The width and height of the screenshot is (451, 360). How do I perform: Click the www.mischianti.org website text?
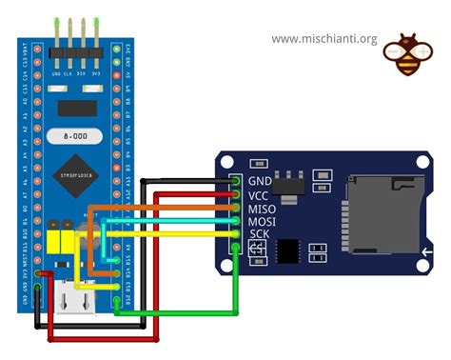(324, 39)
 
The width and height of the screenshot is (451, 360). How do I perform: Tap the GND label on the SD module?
(260, 181)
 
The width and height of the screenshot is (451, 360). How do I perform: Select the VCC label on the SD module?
(260, 194)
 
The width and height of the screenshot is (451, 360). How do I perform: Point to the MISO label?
(262, 208)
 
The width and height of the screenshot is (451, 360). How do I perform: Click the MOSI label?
(262, 221)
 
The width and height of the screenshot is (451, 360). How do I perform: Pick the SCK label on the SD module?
(260, 234)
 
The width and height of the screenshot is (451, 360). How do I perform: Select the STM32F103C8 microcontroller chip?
(77, 173)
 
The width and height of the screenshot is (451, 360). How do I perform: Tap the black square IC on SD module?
(289, 250)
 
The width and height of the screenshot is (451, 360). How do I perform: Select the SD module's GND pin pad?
(237, 181)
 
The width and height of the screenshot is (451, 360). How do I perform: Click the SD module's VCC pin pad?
(237, 194)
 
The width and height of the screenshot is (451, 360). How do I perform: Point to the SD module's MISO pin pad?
(237, 208)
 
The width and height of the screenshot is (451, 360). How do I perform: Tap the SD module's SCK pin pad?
(237, 234)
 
